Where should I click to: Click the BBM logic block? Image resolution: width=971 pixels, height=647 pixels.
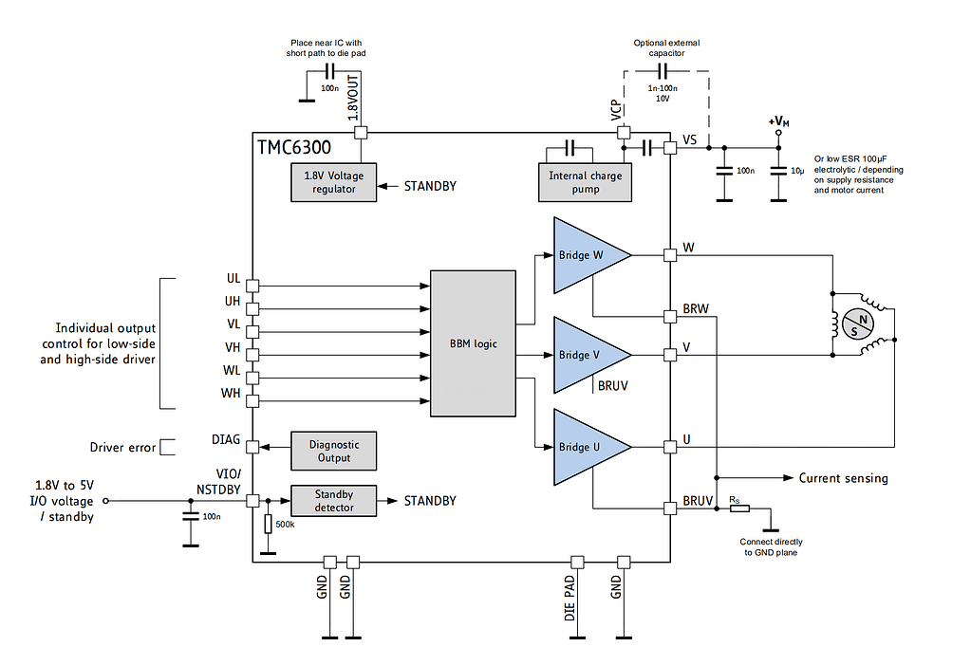473,343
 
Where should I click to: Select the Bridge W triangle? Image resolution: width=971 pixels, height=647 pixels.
585,254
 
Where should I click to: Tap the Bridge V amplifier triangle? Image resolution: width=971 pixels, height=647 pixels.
585,354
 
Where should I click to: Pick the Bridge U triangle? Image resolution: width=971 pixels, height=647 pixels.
585,447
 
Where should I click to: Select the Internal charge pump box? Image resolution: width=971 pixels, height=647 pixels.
586,182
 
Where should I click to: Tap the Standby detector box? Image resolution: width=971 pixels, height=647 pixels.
332,501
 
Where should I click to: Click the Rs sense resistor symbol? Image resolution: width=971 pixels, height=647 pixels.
738,508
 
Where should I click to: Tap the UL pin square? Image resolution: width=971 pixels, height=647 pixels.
252,284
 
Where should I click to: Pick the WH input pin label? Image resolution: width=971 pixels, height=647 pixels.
231,393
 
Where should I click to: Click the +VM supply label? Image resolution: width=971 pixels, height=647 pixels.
779,121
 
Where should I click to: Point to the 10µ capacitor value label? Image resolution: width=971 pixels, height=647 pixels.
798,171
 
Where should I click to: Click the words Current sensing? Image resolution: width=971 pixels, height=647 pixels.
843,478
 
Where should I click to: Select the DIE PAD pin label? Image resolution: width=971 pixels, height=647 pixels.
570,598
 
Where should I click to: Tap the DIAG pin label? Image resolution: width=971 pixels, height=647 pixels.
226,441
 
